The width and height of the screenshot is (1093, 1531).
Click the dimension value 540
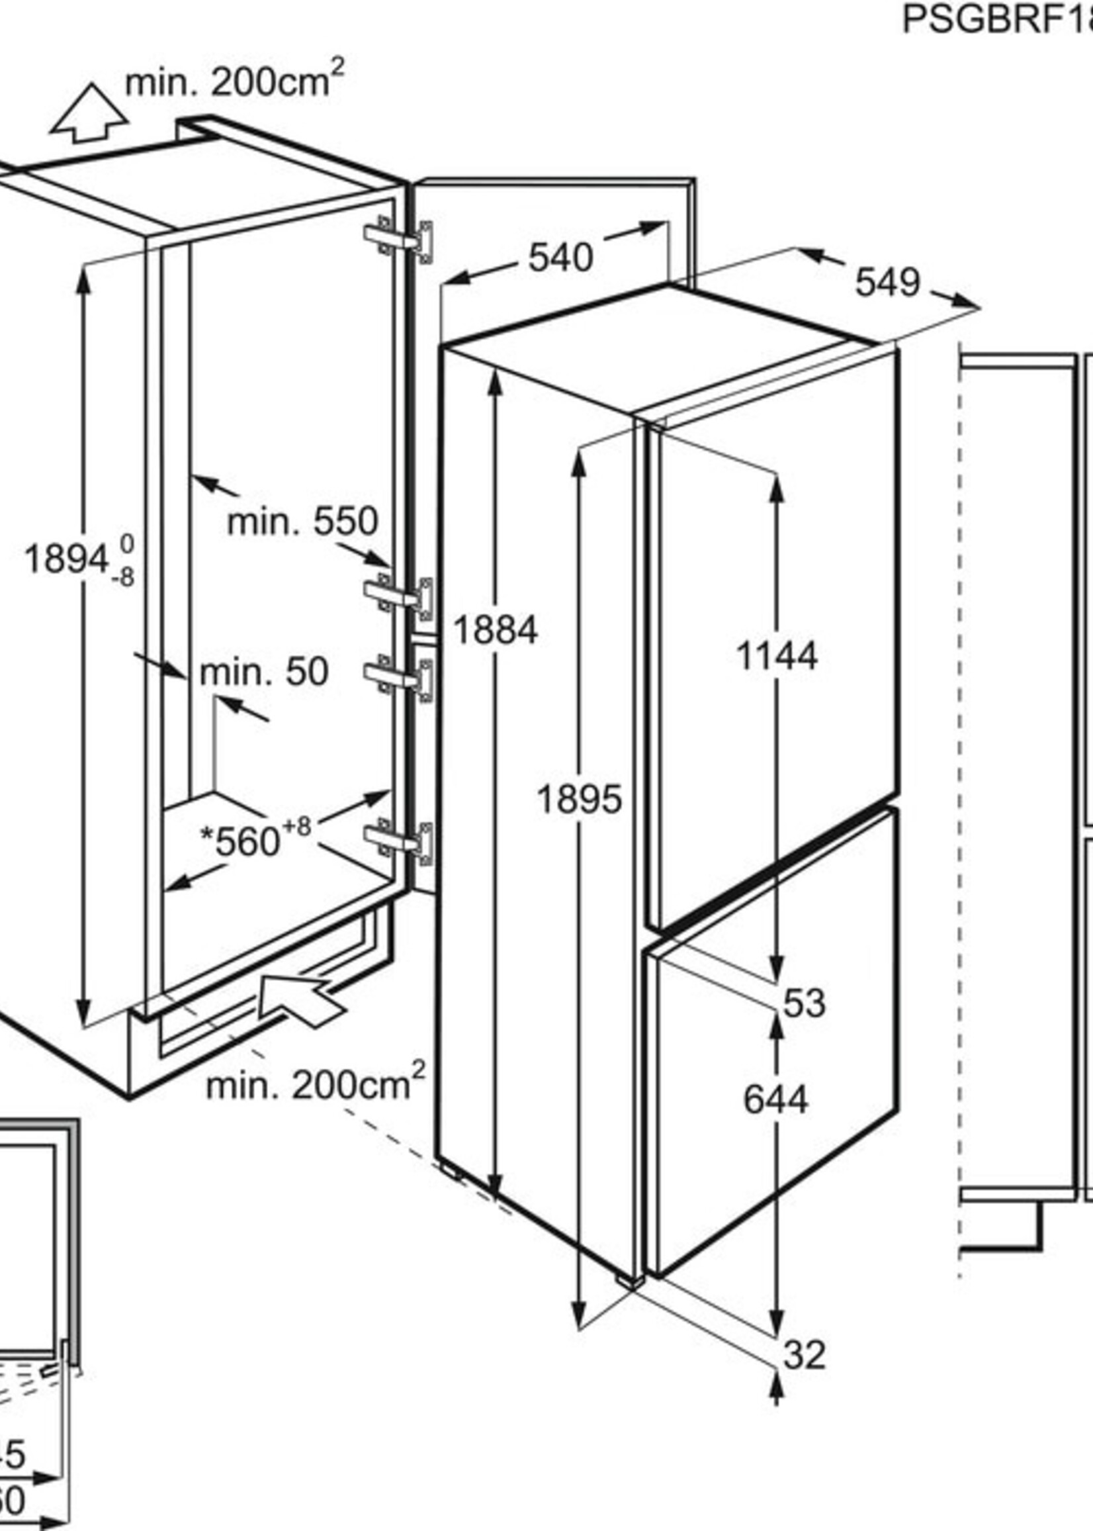click(560, 258)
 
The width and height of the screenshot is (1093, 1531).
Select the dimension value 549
click(887, 282)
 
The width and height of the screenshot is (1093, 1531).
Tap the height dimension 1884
click(496, 630)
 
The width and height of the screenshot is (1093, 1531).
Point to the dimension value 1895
click(579, 800)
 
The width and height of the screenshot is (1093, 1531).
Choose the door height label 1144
click(777, 655)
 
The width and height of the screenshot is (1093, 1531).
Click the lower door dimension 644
click(775, 1100)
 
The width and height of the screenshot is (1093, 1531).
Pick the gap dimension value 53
click(804, 1003)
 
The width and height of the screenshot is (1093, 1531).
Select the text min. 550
click(303, 521)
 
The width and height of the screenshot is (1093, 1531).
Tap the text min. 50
click(264, 671)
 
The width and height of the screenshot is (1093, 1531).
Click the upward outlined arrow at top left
click(89, 115)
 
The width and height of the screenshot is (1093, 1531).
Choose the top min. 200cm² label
click(234, 81)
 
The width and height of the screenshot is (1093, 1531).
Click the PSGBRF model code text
click(996, 21)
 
